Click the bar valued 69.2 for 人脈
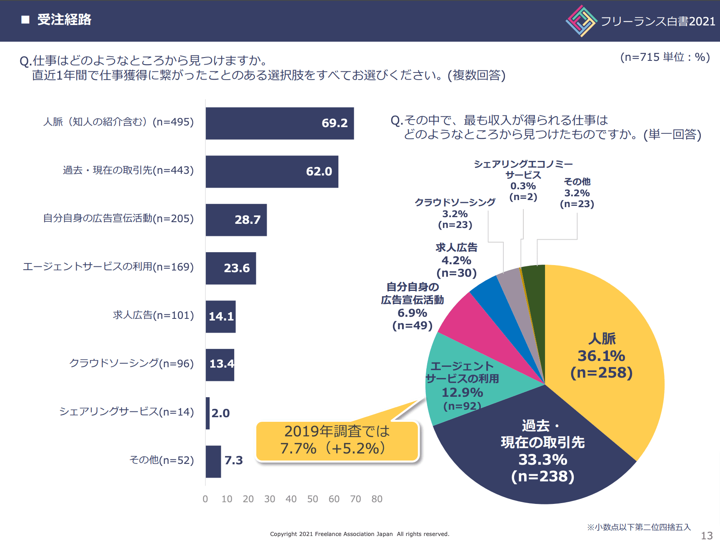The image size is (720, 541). [x=280, y=123]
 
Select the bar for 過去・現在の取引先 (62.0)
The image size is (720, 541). [x=272, y=172]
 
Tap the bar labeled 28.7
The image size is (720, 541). [x=236, y=220]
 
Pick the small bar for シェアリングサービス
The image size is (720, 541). [x=207, y=413]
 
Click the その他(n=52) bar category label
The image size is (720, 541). [x=162, y=460]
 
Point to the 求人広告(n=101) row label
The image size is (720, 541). [x=153, y=315]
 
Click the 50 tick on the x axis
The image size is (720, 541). [x=312, y=499]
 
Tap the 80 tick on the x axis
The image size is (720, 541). [x=377, y=499]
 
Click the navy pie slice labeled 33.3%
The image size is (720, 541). [x=537, y=454]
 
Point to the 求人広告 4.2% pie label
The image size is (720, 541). [x=457, y=260]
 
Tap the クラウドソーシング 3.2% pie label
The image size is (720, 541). [x=455, y=213]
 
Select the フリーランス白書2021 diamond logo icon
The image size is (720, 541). [x=582, y=21]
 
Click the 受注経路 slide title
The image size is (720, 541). [x=64, y=20]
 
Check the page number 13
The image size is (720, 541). [x=707, y=536]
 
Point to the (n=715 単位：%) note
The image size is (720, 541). [x=665, y=57]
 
